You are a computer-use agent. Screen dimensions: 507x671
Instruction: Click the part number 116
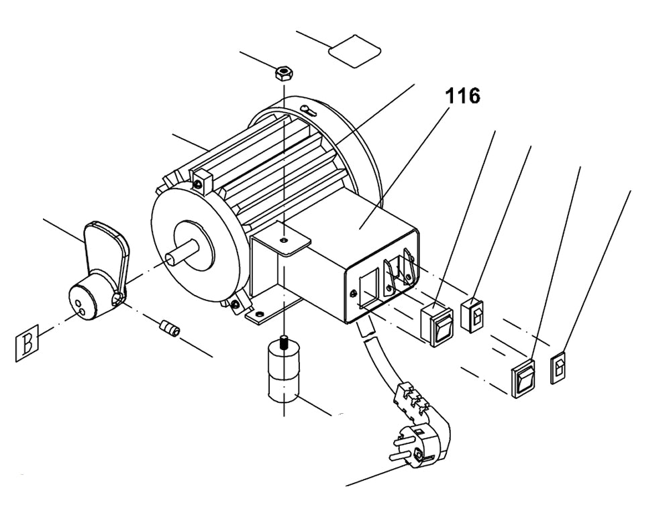coord(462,96)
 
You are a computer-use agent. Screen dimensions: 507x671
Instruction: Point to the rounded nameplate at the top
coord(354,50)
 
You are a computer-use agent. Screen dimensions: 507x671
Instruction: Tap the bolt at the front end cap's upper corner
coord(199,184)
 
